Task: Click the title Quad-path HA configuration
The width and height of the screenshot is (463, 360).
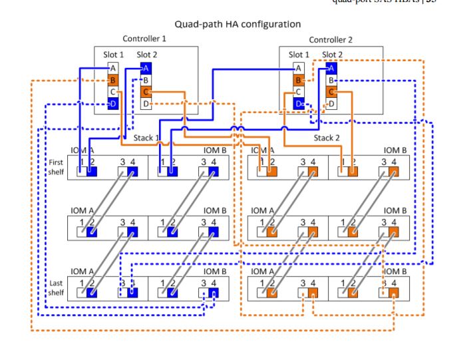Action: [237, 24]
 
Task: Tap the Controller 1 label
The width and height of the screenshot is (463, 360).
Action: [144, 39]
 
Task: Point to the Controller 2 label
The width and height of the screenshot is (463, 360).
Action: [331, 40]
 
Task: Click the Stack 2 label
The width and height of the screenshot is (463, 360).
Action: [328, 138]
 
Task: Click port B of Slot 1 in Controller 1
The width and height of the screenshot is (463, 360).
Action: [113, 80]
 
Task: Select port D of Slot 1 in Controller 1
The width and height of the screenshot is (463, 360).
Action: [113, 104]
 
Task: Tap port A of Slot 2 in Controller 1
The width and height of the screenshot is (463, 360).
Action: [146, 68]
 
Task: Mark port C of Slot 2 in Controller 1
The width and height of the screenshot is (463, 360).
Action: [146, 92]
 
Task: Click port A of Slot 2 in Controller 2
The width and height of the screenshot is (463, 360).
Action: [331, 68]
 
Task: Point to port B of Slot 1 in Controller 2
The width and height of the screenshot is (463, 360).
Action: [298, 80]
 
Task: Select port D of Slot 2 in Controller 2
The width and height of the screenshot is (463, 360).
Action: [331, 104]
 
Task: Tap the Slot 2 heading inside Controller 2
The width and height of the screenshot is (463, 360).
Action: [333, 54]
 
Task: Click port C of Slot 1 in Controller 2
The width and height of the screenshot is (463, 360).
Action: [298, 92]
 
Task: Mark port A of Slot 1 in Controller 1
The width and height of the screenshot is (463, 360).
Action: [113, 68]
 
